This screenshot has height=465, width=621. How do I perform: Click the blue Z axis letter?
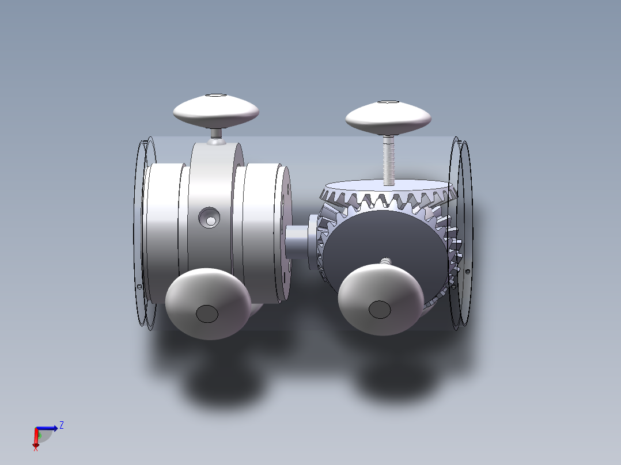pyautogui.click(x=61, y=425)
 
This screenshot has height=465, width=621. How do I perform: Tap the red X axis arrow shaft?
pyautogui.click(x=36, y=437)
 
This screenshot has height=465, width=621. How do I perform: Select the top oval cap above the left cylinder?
pyautogui.click(x=215, y=111)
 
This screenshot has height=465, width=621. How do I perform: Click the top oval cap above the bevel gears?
pyautogui.click(x=388, y=118)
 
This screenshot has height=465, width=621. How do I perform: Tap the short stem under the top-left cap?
pyautogui.click(x=216, y=134)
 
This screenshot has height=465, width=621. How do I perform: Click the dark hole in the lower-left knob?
pyautogui.click(x=207, y=314)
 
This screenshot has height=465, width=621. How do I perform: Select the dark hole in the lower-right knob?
pyautogui.click(x=379, y=310)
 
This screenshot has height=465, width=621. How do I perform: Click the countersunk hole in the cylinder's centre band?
pyautogui.click(x=210, y=218)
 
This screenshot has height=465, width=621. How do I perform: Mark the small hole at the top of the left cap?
pyautogui.click(x=216, y=96)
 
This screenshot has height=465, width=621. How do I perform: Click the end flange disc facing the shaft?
pyautogui.click(x=284, y=233)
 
